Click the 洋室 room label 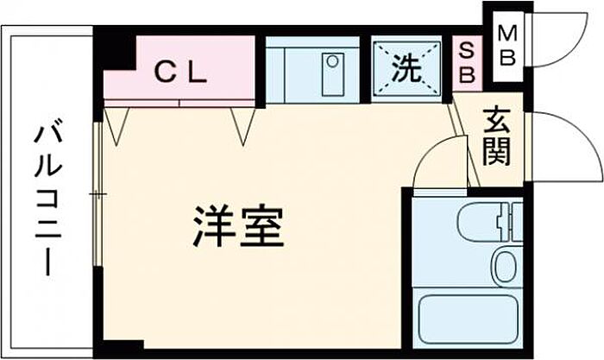click(238, 227)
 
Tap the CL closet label click(181, 73)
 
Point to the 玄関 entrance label click(497, 136)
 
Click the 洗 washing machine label click(406, 69)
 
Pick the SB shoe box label click(467, 62)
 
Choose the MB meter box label click(507, 47)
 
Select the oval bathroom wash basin click(506, 265)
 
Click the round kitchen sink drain click(332, 61)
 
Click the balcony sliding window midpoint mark click(98, 193)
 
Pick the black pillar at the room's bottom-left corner click(119, 349)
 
